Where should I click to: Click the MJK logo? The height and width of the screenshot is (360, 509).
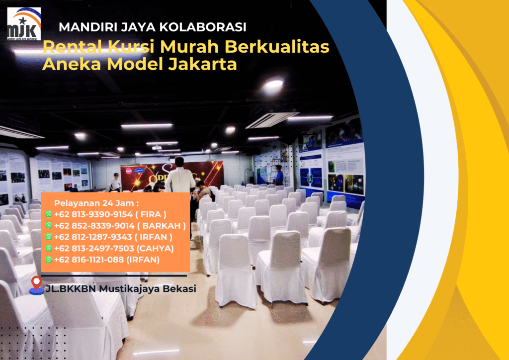[24, 23]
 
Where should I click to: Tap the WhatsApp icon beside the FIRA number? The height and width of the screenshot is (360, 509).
[49, 214]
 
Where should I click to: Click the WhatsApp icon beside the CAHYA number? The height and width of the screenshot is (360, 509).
[49, 248]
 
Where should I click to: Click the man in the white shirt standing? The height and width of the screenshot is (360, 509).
[179, 177]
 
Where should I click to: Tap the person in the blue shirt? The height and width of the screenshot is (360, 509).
[278, 175]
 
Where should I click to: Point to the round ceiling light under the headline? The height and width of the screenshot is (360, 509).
[273, 85]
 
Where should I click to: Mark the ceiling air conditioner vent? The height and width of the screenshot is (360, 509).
[271, 120]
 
